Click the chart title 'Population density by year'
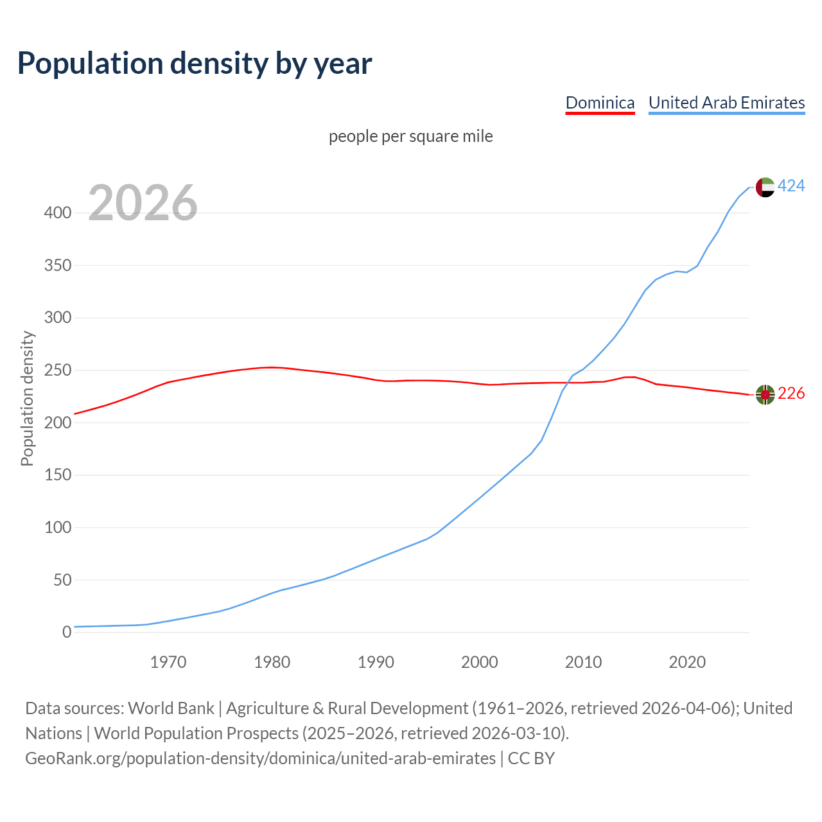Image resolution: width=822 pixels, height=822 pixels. pos(195,64)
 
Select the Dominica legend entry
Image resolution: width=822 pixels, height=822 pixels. pos(600,103)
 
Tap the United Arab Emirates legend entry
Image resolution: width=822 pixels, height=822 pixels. pos(726,103)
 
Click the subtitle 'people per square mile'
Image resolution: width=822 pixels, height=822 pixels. pos(410,137)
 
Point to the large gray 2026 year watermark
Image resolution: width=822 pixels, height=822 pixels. pos(143,204)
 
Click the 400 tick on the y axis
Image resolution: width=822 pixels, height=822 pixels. pos(58,213)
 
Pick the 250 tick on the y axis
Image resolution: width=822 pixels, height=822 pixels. pos(58,371)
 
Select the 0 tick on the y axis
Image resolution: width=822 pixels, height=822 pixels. pos(67,633)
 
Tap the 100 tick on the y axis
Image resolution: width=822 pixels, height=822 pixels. pos(58,528)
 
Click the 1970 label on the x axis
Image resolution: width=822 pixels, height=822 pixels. pos(168,662)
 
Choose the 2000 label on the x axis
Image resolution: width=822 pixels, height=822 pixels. pos(480,662)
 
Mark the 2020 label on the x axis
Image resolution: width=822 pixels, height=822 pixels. pos(687,662)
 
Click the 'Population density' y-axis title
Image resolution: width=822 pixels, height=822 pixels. pos(27,398)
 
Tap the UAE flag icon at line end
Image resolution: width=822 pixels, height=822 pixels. pos(765,187)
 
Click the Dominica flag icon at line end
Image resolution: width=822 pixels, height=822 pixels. pos(765,394)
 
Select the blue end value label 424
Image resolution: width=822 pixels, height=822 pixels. pos(791,186)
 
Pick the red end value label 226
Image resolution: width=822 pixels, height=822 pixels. pos(791,394)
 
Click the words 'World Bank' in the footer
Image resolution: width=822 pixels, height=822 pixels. pos(171,708)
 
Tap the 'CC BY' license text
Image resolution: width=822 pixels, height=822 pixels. pos(531,758)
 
